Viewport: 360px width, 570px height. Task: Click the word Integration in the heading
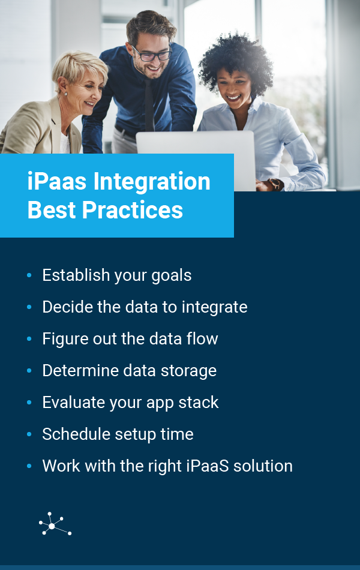(152, 182)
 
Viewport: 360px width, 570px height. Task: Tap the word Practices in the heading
(133, 210)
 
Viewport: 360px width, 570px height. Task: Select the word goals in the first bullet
(171, 276)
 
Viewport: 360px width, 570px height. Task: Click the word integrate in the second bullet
(215, 308)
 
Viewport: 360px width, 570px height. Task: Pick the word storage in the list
(188, 371)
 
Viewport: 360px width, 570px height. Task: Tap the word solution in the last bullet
(263, 466)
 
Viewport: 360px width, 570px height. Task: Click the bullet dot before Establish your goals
(29, 275)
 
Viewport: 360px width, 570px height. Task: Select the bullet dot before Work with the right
(29, 466)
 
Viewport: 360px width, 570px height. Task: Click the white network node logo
(55, 524)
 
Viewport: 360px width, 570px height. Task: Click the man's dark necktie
(149, 106)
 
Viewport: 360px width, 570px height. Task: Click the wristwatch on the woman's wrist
(277, 184)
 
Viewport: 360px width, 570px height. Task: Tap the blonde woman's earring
(66, 94)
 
